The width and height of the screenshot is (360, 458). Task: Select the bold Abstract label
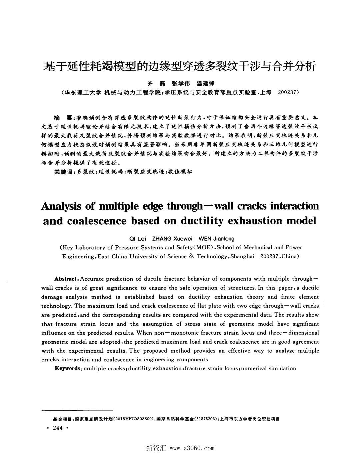pyautogui.click(x=66, y=279)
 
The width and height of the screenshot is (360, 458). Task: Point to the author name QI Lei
pyautogui.click(x=137, y=239)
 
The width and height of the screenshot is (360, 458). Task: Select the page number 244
pyautogui.click(x=58, y=428)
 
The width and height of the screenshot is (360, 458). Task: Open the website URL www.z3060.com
pyautogui.click(x=192, y=448)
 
